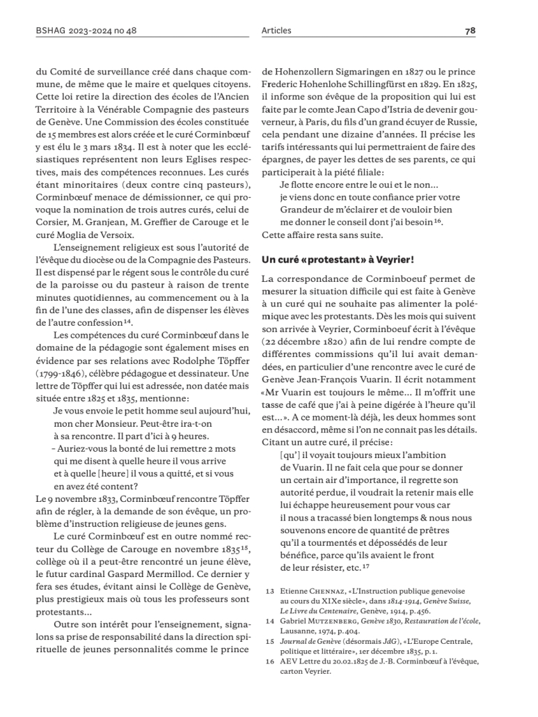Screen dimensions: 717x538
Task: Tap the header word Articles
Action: pos(276,31)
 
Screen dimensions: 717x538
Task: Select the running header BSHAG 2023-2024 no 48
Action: pos(78,31)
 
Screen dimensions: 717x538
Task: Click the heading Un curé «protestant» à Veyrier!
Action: pos(338,260)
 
